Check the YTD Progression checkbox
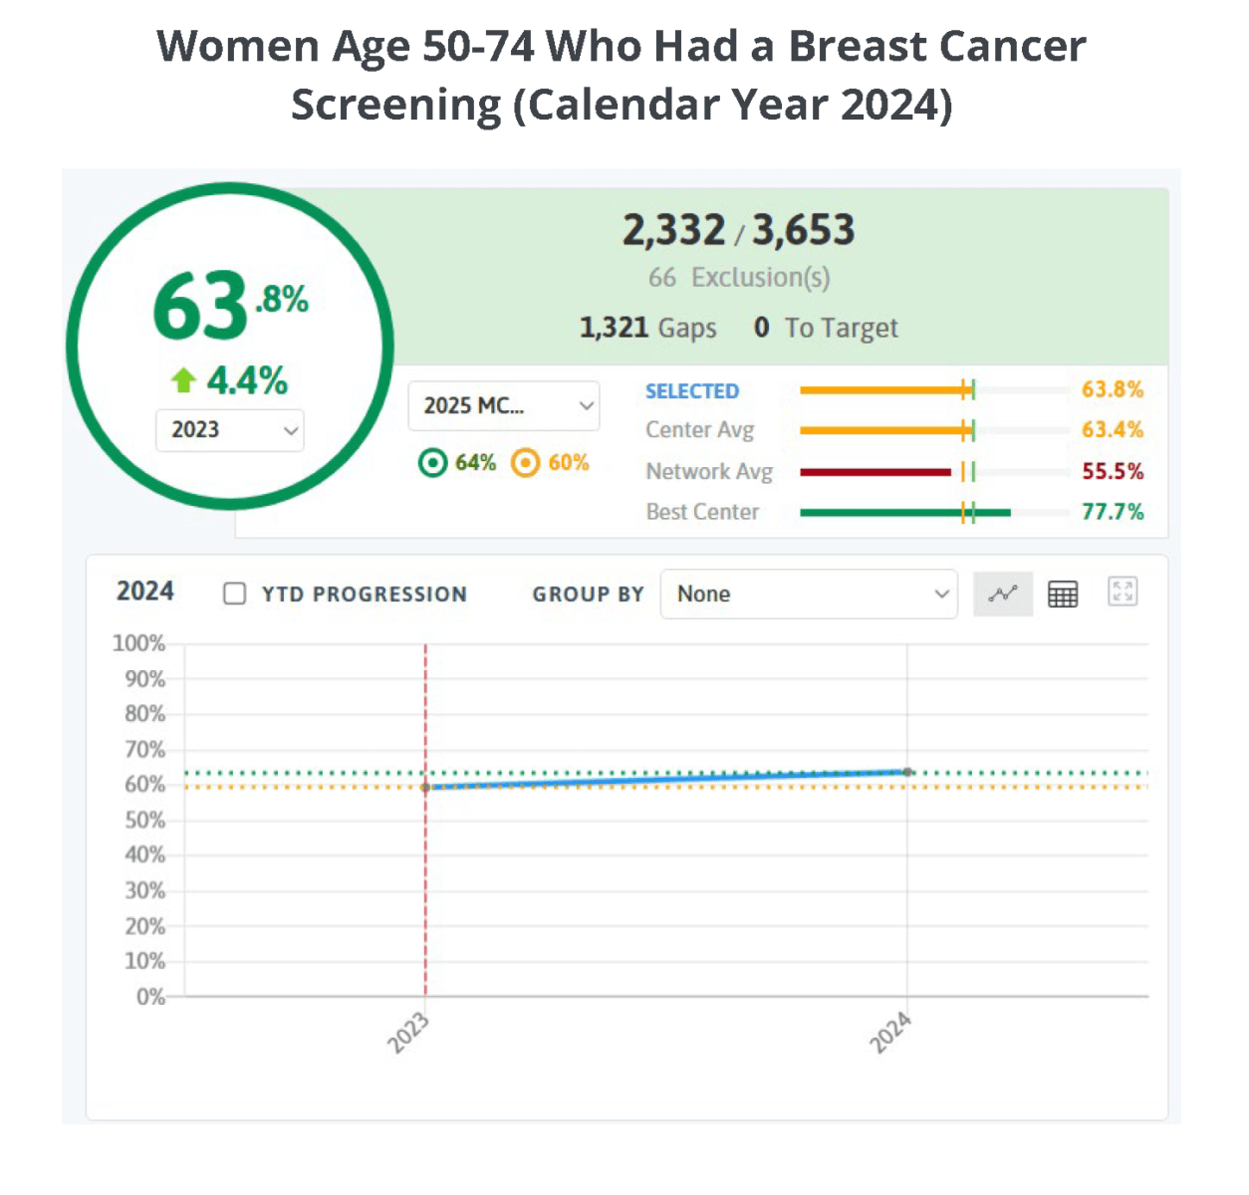[235, 594]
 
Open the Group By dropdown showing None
[808, 594]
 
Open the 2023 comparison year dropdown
[230, 430]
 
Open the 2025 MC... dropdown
[504, 405]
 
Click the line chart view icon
[1002, 594]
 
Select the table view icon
[1063, 594]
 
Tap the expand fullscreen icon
[1123, 592]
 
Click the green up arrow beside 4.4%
[183, 379]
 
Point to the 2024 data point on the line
[907, 772]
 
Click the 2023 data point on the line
[426, 787]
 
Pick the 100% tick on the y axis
[138, 643]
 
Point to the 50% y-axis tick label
[144, 820]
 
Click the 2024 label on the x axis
[890, 1032]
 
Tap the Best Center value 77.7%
[1113, 512]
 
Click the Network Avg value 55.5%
[1113, 471]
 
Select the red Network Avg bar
[874, 472]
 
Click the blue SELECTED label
[692, 391]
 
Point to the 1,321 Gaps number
[614, 328]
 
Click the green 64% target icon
[432, 463]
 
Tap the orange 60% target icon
[525, 463]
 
